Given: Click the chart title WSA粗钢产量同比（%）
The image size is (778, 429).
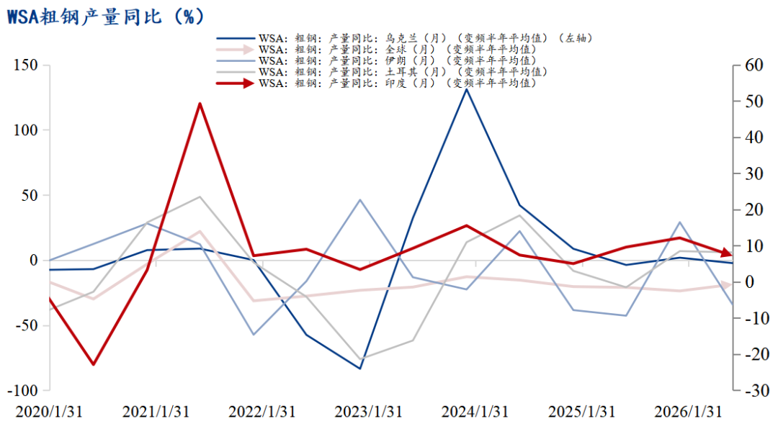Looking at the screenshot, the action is (105, 17).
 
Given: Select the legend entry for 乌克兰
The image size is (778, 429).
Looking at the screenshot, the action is (404, 38).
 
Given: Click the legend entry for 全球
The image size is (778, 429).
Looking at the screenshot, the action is (376, 50).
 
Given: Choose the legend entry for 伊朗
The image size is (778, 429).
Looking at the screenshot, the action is (376, 60).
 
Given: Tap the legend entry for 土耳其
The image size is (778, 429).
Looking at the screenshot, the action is (382, 72).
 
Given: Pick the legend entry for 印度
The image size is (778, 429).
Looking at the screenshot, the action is (376, 83).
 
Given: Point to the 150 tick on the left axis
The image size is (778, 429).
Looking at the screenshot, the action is (26, 65).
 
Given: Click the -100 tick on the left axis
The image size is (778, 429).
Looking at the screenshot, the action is (22, 390).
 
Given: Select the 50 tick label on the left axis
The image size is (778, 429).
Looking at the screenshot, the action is (30, 195).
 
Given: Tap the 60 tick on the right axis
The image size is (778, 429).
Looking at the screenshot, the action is (754, 65).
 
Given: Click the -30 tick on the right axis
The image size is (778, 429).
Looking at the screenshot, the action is (754, 390).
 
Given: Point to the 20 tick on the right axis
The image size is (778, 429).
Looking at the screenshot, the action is (754, 209).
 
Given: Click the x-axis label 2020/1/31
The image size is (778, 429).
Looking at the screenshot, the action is (49, 412).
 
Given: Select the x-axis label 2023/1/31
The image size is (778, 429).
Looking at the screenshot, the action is (368, 412).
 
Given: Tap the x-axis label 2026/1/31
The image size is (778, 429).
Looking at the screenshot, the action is (688, 412).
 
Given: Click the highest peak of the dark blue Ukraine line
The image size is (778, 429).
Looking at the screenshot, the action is (466, 89).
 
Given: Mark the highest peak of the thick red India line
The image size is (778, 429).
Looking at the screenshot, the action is (200, 104).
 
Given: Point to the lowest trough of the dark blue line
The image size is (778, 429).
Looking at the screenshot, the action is (360, 369).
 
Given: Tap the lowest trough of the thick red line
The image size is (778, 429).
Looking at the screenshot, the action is (93, 364).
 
